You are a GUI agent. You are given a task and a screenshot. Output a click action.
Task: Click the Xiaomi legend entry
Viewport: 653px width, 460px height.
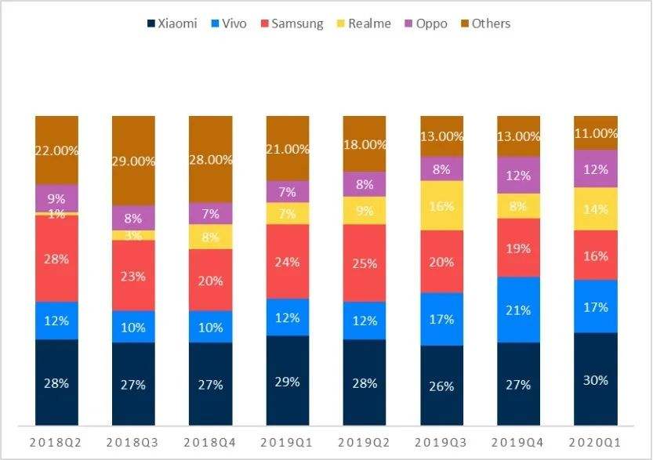(172, 24)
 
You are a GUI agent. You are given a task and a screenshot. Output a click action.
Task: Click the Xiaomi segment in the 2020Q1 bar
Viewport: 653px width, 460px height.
(596, 379)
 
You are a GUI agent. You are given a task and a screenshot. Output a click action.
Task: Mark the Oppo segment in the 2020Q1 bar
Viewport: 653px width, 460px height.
(596, 168)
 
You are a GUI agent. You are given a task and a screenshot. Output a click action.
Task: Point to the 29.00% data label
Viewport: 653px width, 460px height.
(134, 160)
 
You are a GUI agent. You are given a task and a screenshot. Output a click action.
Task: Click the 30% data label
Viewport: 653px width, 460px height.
(596, 379)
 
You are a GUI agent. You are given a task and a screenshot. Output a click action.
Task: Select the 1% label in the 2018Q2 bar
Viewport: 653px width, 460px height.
(56, 214)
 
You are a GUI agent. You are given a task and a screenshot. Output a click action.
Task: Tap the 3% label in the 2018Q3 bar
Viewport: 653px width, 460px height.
(133, 236)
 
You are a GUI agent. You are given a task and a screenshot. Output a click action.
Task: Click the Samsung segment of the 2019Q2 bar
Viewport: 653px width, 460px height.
(365, 263)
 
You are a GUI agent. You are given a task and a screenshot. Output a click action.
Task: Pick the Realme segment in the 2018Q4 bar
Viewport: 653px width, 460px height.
(211, 237)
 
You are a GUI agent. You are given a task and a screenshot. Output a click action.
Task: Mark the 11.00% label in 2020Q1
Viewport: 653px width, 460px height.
(596, 133)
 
